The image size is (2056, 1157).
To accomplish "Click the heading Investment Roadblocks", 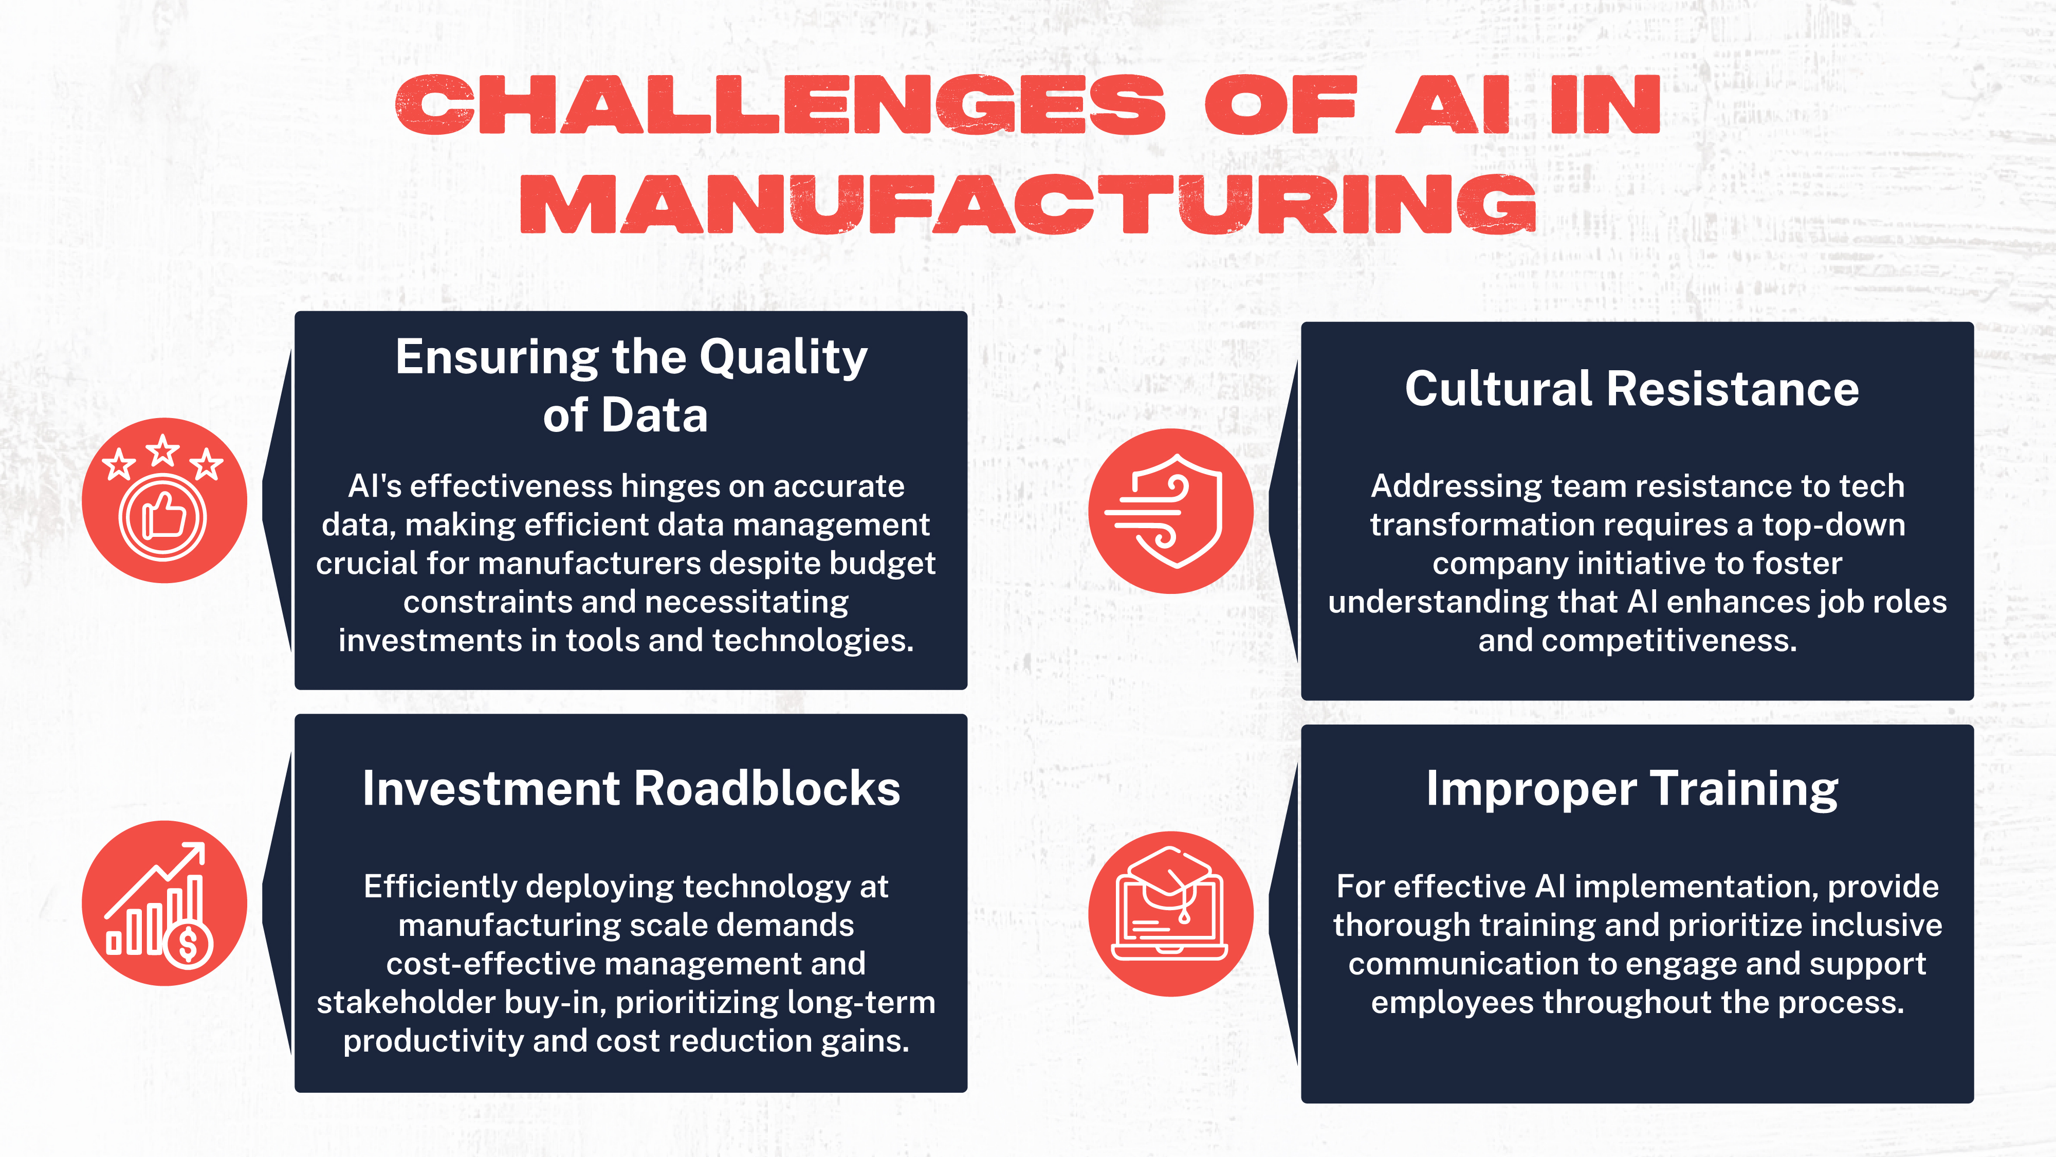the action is click(631, 789).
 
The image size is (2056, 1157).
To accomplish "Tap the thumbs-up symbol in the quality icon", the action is click(164, 515).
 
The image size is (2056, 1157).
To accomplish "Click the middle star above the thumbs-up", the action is click(163, 450).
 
